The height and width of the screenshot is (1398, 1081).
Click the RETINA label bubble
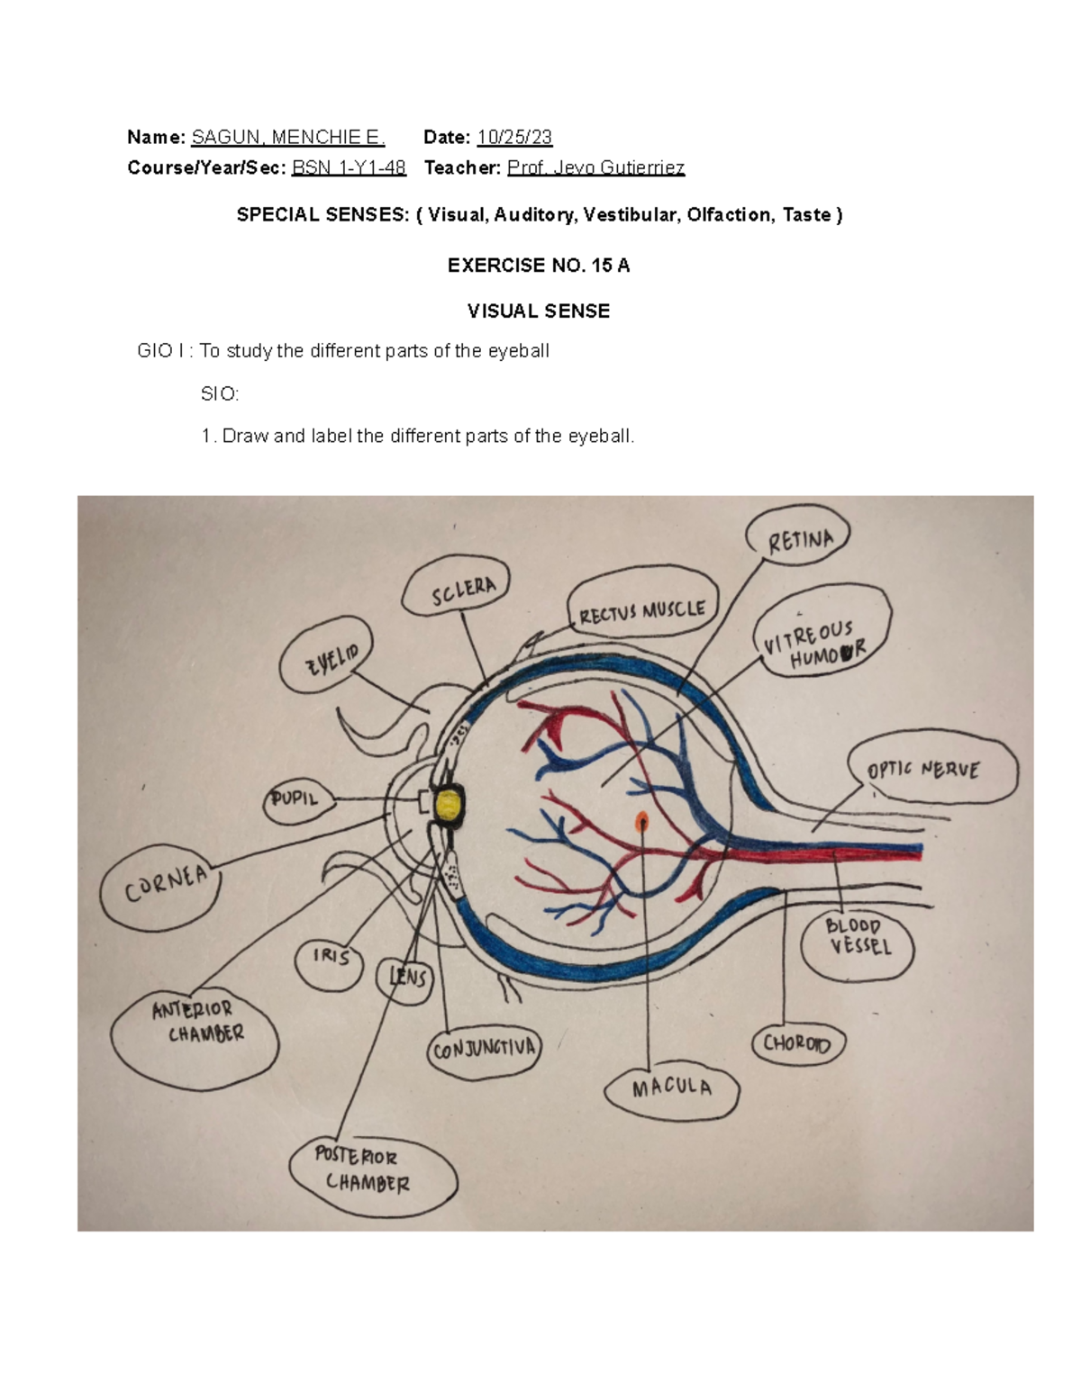(798, 539)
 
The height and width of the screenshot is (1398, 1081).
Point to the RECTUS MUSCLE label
(641, 612)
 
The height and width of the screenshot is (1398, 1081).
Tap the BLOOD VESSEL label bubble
(857, 935)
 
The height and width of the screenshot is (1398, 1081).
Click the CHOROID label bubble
(796, 1043)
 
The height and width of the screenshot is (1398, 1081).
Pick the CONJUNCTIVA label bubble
(484, 1050)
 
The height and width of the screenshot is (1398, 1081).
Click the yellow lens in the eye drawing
(448, 804)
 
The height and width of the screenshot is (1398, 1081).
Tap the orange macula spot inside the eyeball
(641, 820)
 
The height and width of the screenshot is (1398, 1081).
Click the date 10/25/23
(514, 137)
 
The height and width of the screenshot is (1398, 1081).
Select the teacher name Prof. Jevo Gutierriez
(595, 167)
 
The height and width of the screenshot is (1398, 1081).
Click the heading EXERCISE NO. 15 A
(538, 265)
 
